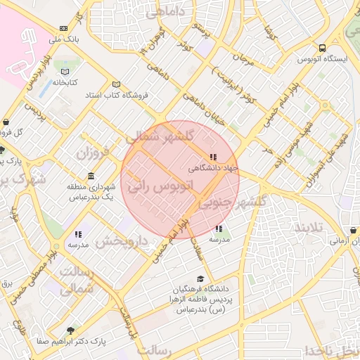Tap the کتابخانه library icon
tap(65, 72)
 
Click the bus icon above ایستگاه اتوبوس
tap(322, 49)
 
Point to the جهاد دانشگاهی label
tap(214, 168)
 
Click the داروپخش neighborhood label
tap(120, 241)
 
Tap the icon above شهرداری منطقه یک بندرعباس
tap(91, 176)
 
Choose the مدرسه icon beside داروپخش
tap(78, 234)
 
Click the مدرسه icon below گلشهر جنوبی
tap(219, 229)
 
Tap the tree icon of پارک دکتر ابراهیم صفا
tap(70, 330)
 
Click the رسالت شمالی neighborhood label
tap(74, 279)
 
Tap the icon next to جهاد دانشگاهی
tap(213, 157)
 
